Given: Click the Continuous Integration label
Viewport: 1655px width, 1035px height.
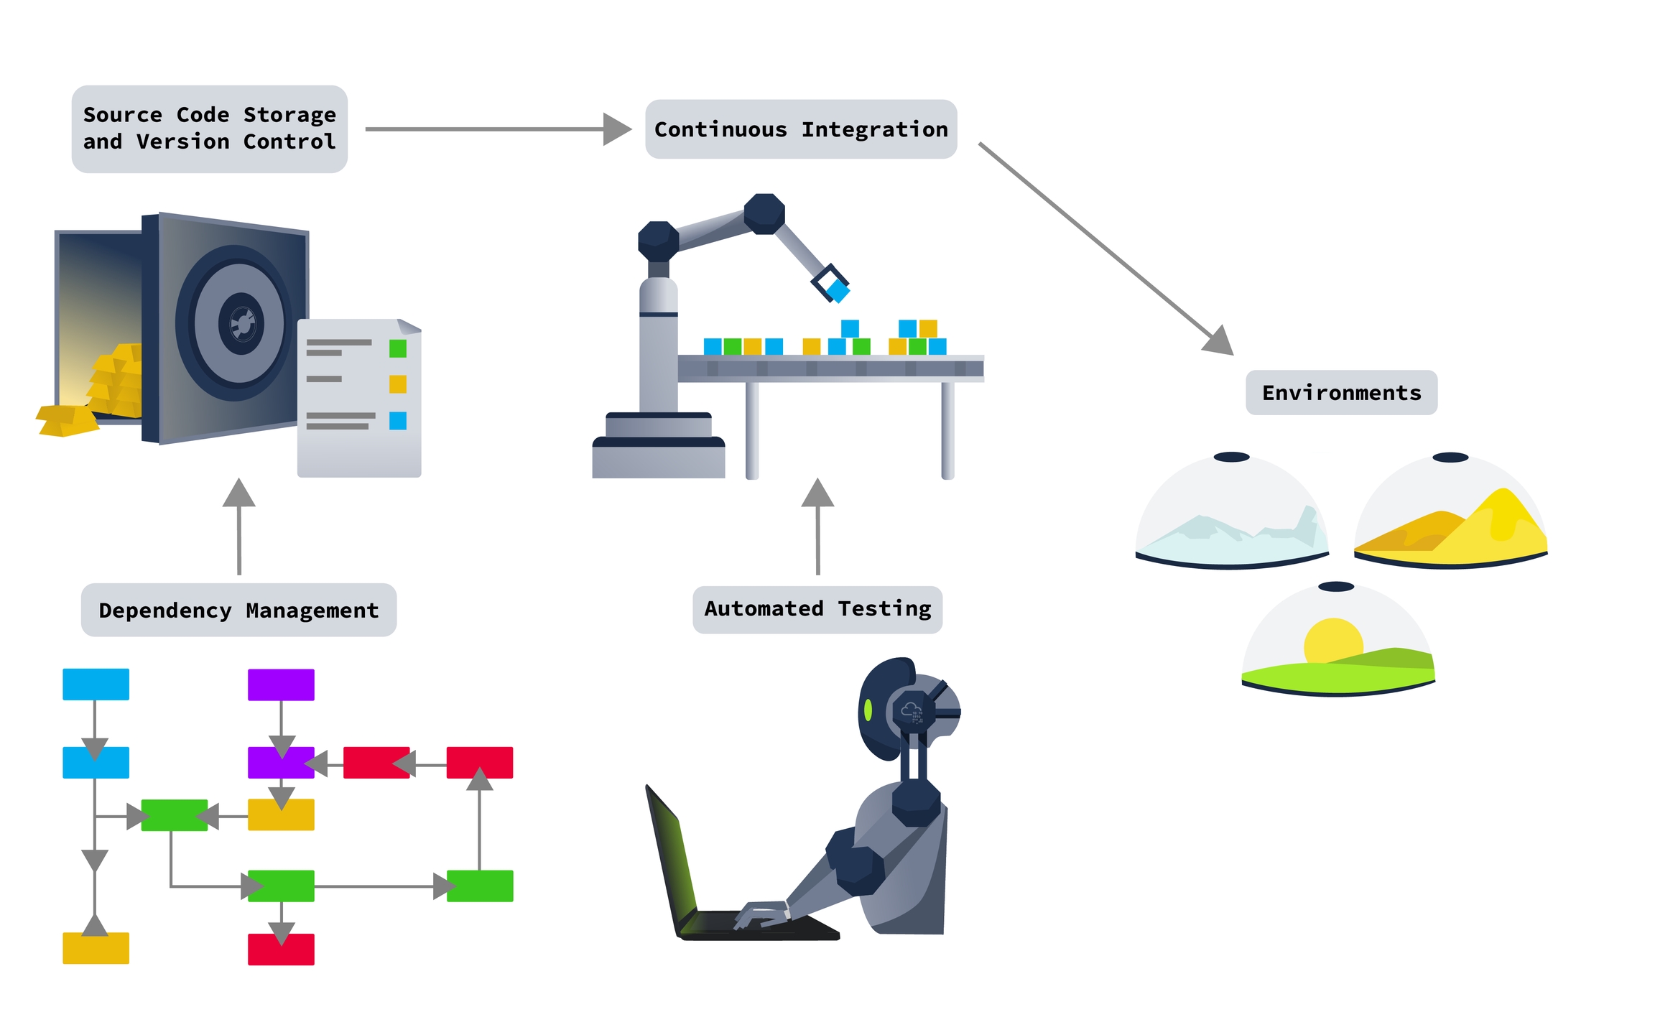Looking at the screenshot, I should coord(800,129).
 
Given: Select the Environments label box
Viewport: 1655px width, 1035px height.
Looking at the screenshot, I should coord(1340,393).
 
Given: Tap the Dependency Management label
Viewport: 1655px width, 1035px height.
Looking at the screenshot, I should coord(238,610).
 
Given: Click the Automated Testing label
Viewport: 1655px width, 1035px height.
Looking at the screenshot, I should coord(817,609).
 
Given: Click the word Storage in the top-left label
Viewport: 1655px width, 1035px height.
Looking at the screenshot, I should coord(289,115).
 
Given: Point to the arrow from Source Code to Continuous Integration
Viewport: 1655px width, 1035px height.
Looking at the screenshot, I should coord(496,129).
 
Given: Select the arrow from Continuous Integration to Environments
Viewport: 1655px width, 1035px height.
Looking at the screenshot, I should coord(1106,248).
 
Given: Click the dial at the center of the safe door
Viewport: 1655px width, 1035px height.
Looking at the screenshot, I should coord(241,324).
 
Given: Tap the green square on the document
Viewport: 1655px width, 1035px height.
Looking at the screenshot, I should coord(397,349).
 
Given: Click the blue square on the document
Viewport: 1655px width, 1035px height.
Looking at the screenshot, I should coord(397,421).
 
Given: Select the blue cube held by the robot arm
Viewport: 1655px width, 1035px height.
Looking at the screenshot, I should coord(837,291).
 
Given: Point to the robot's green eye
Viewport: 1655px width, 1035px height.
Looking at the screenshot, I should coord(868,710).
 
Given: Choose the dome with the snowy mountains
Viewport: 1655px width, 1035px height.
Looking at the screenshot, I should coord(1231,514).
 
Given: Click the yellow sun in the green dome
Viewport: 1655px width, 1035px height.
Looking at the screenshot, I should coord(1332,639).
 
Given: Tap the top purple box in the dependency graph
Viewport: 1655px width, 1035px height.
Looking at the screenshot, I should coord(281,684).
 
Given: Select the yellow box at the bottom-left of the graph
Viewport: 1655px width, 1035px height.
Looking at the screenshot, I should coord(96,948).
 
